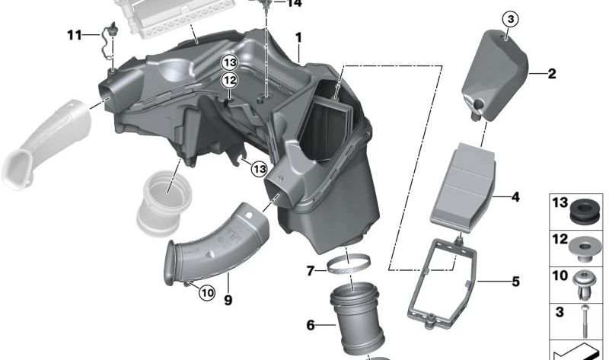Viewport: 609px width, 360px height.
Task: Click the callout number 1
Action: (299, 37)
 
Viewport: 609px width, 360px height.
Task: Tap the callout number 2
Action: (551, 74)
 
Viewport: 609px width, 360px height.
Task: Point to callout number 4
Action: (515, 197)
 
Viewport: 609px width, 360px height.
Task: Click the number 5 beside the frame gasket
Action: (515, 282)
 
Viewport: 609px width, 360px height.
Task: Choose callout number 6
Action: (310, 325)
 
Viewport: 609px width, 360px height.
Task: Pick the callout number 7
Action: (310, 270)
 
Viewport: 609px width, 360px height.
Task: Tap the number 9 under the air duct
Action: (228, 299)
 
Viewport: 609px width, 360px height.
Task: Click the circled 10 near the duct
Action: (206, 290)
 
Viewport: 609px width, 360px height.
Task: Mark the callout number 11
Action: (74, 35)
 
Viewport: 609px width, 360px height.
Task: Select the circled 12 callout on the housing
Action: (229, 79)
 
